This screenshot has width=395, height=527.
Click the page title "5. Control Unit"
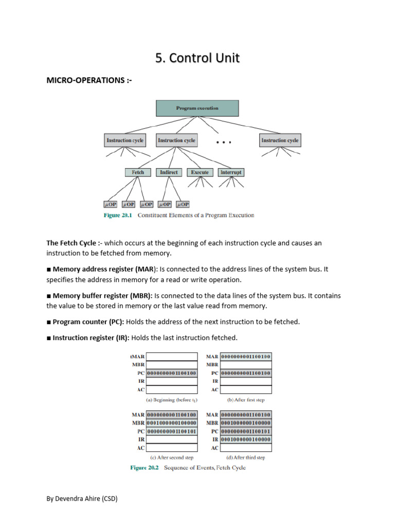click(197, 58)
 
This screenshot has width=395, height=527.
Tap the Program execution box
click(197, 109)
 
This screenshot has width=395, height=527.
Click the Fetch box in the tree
click(138, 172)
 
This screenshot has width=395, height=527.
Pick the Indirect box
click(169, 172)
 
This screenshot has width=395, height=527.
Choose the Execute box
click(200, 172)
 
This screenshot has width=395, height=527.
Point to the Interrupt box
click(231, 172)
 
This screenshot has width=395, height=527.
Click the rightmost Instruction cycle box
click(280, 140)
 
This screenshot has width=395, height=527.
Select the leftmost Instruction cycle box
click(125, 140)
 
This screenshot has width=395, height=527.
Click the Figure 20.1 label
click(118, 215)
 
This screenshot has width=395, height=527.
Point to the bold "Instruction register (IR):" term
click(91, 338)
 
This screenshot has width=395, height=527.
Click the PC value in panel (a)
click(172, 373)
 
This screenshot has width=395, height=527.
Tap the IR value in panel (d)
click(246, 440)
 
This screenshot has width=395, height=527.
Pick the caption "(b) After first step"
click(246, 399)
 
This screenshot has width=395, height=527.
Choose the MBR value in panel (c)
click(172, 423)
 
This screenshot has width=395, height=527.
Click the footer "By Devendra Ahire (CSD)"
click(82, 498)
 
